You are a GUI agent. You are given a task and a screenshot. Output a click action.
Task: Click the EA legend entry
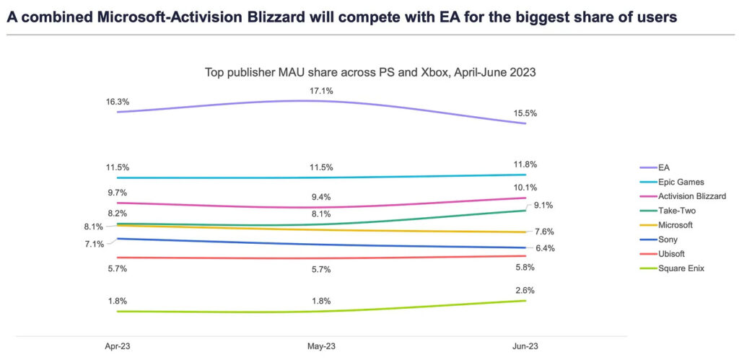665,167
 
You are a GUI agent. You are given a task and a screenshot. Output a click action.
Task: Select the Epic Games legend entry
681,182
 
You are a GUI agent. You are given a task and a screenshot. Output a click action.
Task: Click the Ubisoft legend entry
673,254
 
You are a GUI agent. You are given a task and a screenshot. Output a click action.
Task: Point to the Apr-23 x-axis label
118,346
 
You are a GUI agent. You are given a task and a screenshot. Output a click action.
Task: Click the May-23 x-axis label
321,346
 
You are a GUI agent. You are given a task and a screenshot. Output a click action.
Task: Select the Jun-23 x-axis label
525,346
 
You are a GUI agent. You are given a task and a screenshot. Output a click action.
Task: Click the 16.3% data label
118,102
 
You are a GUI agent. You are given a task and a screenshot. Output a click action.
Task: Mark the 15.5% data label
525,114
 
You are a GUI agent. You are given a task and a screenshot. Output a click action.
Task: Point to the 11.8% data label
525,164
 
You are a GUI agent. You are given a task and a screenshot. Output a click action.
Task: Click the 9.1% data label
545,206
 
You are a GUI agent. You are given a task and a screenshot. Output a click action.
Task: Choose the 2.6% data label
525,290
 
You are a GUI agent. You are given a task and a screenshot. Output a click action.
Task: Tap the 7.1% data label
94,244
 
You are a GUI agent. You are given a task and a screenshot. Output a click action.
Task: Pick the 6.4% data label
545,248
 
